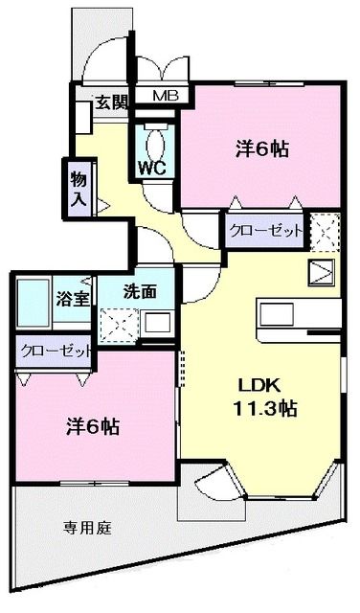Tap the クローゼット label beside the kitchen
pyautogui.click(x=265, y=231)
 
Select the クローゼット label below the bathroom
pyautogui.click(x=54, y=351)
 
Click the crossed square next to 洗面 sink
pyautogui.click(x=122, y=324)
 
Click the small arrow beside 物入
pyautogui.click(x=101, y=203)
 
